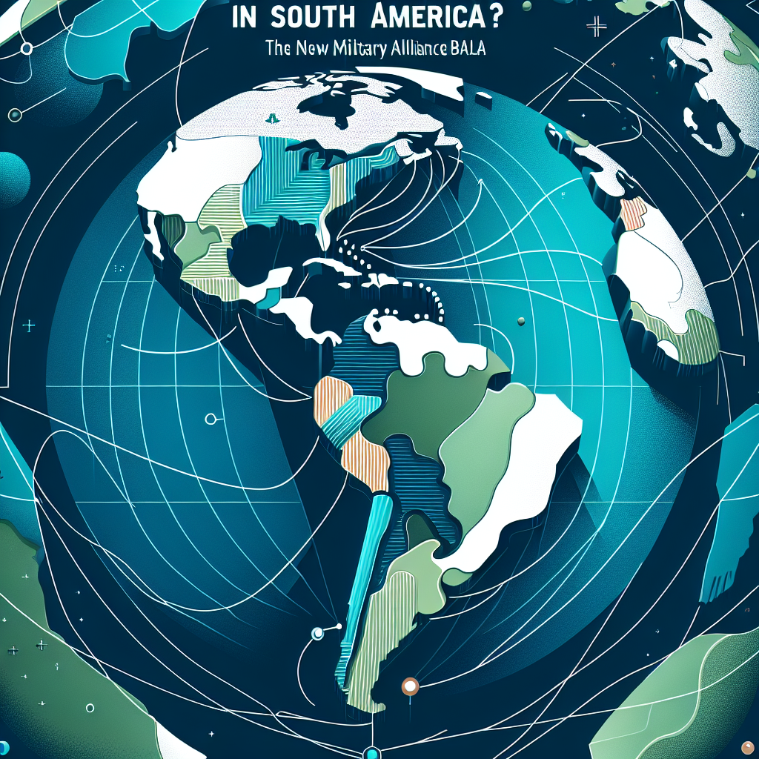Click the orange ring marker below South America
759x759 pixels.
pos(408,686)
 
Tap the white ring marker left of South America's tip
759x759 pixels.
pos(319,632)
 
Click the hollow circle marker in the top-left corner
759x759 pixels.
pos(27,49)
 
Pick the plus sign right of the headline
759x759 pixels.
pos(595,27)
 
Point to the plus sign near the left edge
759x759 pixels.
pos(29,325)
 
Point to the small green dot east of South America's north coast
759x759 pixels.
pos(521,320)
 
